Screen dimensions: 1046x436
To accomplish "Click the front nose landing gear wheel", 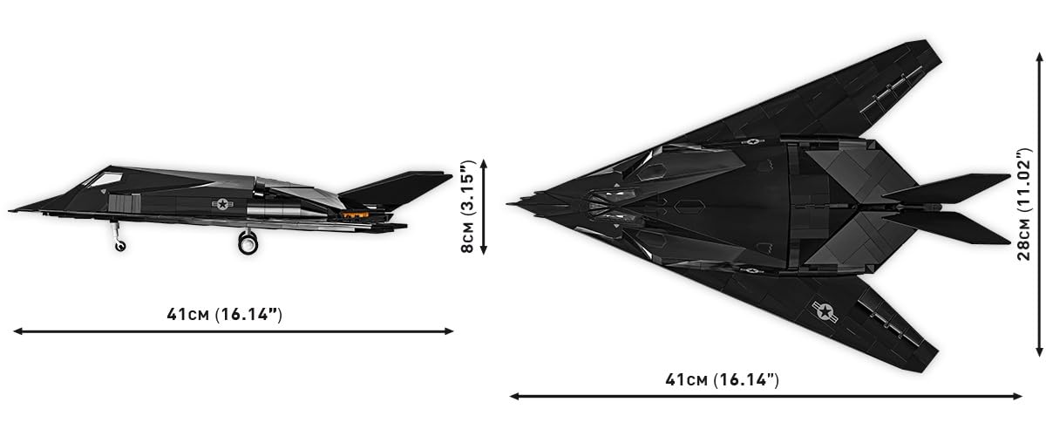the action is tap(120, 246).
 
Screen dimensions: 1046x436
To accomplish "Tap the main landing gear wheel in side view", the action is tap(248, 243).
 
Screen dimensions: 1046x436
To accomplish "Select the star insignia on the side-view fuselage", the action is tap(222, 204).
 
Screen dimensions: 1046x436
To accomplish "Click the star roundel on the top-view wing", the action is tap(825, 311).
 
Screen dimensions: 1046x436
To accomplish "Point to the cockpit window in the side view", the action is tap(105, 179).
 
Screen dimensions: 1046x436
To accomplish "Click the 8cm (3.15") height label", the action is tap(467, 207).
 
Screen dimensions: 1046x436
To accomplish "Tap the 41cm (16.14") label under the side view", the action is tap(225, 314).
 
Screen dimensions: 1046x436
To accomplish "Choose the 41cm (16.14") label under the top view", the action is tap(723, 379).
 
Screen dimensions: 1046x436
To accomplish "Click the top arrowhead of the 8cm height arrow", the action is tap(484, 163).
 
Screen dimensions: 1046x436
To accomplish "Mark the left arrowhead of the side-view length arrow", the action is tap(17, 331).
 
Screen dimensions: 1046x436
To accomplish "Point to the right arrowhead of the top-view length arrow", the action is tap(1017, 396).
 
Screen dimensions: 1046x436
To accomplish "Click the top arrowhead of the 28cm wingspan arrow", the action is tap(1039, 57).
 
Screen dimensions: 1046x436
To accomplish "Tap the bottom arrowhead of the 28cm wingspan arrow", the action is tap(1039, 352).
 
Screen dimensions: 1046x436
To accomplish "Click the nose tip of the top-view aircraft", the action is tap(507, 204).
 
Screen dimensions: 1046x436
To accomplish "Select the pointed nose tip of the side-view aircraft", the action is tap(10, 211).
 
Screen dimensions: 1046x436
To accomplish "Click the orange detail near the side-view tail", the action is tap(355, 215).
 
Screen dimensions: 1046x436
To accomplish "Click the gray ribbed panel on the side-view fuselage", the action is tap(124, 204).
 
